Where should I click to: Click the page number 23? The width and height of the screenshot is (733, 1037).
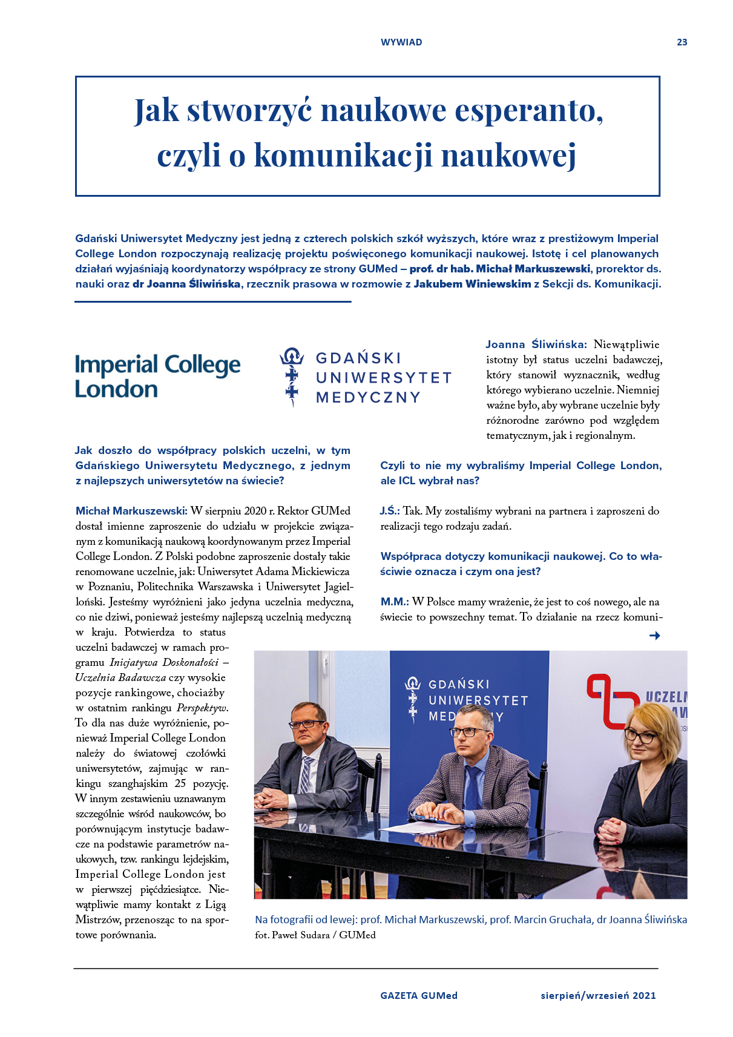(682, 42)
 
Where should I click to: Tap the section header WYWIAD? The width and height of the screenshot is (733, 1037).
(401, 42)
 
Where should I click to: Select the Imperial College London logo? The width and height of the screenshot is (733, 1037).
(157, 376)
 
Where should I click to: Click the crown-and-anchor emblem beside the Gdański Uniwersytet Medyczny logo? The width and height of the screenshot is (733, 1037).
(292, 376)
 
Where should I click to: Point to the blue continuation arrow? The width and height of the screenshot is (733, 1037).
(654, 635)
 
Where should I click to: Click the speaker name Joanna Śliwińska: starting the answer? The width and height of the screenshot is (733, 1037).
(536, 344)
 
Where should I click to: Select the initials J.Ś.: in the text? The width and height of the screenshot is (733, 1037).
(390, 511)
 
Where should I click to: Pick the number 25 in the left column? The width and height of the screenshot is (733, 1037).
(180, 783)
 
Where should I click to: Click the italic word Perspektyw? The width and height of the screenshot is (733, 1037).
(202, 708)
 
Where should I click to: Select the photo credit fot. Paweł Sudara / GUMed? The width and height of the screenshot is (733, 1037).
(315, 935)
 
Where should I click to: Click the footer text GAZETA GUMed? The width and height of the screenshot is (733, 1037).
(419, 995)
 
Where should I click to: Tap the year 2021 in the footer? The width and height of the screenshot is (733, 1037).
(644, 995)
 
